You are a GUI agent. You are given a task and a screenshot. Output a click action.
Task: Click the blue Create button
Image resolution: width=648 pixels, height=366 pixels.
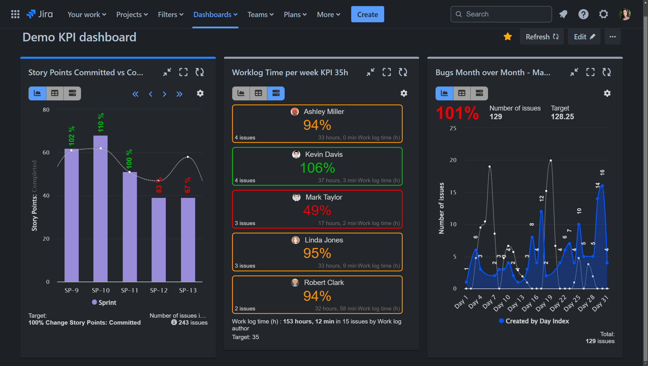click(x=367, y=14)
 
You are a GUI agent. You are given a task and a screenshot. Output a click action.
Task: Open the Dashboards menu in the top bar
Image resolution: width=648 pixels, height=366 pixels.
click(x=215, y=14)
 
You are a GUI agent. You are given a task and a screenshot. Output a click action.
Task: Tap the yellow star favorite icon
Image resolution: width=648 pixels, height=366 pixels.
click(x=508, y=37)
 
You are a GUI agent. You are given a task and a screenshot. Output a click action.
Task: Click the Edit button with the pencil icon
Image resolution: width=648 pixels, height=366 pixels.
click(x=584, y=37)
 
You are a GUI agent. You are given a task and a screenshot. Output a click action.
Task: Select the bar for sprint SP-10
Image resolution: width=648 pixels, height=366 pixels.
click(x=100, y=208)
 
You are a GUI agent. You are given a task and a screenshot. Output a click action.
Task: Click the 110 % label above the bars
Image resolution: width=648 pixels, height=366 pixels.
click(x=101, y=123)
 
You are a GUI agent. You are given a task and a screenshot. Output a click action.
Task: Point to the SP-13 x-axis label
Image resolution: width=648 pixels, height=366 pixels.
click(x=188, y=290)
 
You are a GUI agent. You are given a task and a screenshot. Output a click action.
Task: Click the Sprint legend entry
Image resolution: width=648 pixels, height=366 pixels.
click(x=104, y=302)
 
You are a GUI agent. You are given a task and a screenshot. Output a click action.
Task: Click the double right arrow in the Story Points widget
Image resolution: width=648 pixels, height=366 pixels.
click(x=179, y=94)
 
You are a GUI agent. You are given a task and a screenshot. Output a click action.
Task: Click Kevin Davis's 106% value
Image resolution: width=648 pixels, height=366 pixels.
click(x=317, y=168)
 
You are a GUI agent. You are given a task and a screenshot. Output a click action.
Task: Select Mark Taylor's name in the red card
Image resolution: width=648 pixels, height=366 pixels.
click(x=324, y=197)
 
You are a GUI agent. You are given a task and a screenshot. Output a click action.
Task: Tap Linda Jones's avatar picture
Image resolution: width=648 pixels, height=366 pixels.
click(x=295, y=240)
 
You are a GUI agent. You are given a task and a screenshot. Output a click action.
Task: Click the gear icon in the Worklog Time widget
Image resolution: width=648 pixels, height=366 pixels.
click(x=404, y=93)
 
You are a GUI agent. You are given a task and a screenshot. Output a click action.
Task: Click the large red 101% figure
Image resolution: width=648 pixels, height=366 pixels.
click(x=457, y=113)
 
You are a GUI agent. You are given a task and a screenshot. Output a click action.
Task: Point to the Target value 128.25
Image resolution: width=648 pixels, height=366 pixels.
click(x=562, y=117)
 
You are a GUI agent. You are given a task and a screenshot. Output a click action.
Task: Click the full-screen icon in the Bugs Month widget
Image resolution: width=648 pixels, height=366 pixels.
click(x=590, y=72)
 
